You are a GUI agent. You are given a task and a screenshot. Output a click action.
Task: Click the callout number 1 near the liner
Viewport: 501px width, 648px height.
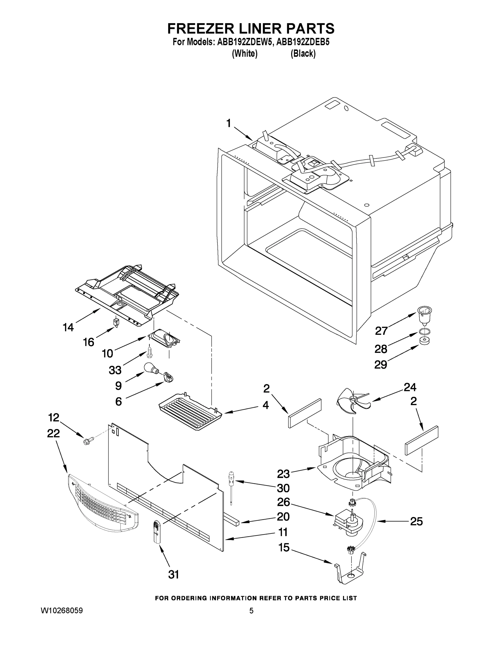(x=228, y=123)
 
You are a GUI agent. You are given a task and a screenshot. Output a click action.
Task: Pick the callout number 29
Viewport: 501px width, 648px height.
(x=381, y=364)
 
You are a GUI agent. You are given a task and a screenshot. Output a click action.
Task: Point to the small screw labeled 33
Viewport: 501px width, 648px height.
(x=150, y=352)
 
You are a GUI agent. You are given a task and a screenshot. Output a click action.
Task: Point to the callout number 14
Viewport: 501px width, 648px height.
(x=68, y=327)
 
